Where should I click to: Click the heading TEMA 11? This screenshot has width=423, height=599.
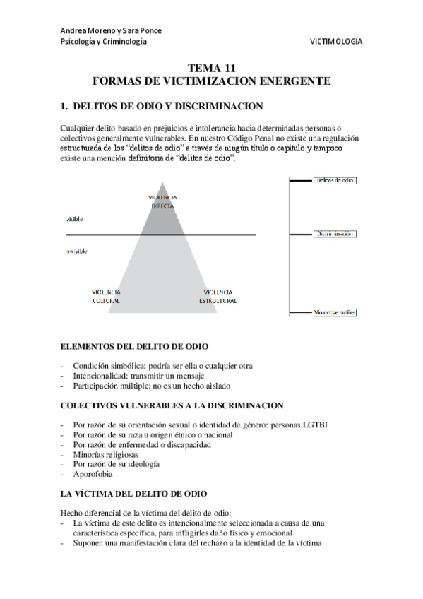[211, 69]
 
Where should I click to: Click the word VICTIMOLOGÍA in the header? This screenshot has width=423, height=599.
[335, 42]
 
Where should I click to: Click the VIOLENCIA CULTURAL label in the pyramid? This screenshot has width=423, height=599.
[106, 296]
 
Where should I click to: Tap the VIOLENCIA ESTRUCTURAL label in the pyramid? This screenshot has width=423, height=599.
[218, 296]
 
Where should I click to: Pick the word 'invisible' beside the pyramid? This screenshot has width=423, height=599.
[78, 251]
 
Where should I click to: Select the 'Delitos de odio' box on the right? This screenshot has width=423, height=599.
[333, 182]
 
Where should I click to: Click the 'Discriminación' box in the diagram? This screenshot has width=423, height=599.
[334, 232]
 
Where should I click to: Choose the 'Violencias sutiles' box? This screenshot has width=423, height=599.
[335, 312]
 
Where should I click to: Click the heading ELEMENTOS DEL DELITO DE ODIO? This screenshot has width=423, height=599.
[134, 346]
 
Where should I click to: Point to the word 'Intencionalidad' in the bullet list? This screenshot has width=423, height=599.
[100, 376]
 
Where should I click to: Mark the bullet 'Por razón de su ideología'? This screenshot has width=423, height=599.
[115, 464]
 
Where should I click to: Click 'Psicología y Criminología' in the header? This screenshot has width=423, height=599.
[104, 42]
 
